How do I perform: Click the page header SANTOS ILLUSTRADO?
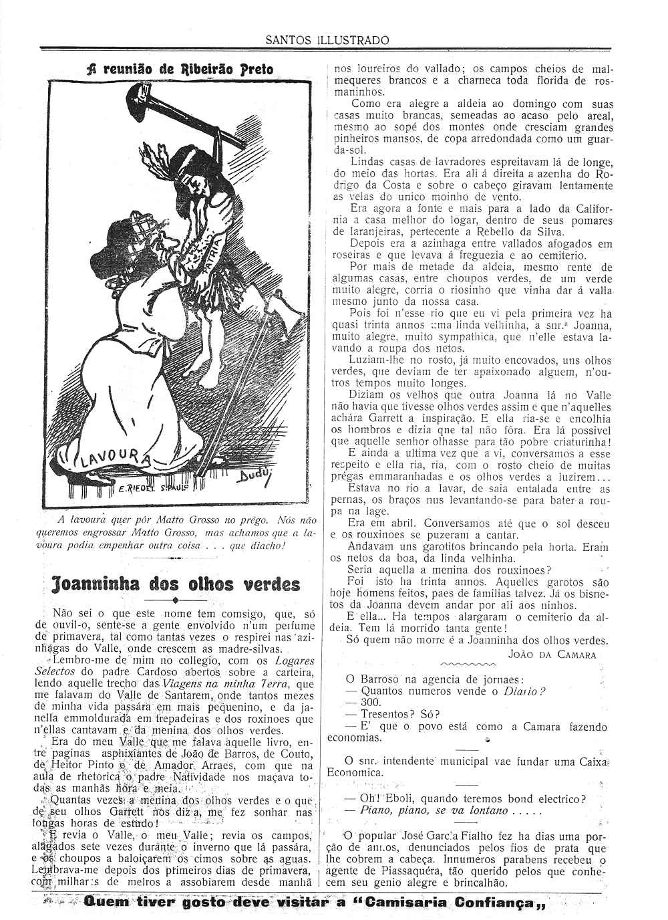[x=327, y=39]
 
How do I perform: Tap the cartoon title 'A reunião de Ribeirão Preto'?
[x=180, y=69]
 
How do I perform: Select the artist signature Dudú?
[x=250, y=477]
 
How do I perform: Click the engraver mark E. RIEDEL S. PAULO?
[x=154, y=488]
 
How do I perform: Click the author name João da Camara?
[x=552, y=655]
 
